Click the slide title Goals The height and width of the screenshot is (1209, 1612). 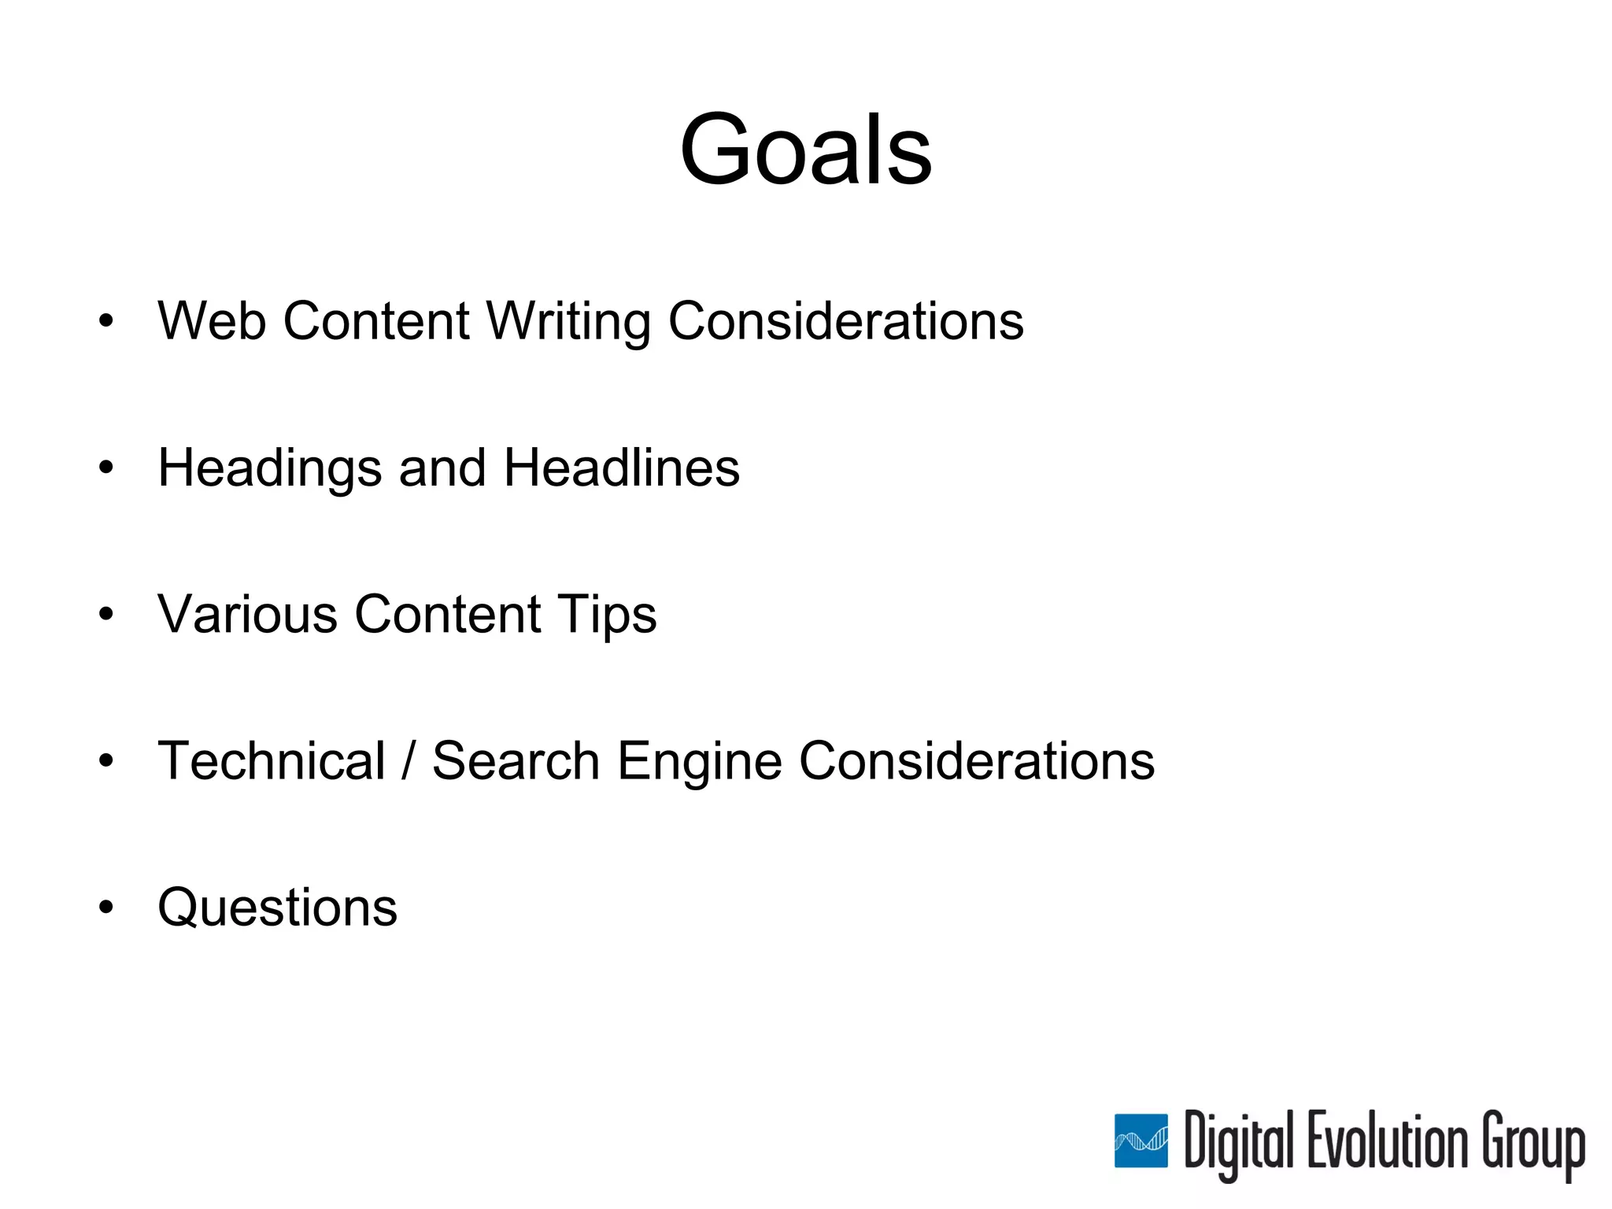tap(805, 150)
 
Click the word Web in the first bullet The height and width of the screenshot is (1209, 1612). tap(211, 321)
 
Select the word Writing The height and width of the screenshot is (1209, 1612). tap(568, 323)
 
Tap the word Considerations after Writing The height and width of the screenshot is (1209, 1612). tap(845, 321)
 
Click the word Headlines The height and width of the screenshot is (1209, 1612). tap(621, 468)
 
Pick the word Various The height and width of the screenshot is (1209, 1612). tap(247, 614)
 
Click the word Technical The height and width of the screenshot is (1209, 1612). tap(272, 761)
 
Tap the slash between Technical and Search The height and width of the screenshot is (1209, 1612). tap(408, 761)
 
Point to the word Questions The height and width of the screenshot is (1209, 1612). tap(277, 908)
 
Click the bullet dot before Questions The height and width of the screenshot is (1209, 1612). tap(106, 908)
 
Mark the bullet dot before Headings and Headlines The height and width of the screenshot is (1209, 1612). tap(106, 468)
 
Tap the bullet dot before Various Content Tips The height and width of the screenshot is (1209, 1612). tap(106, 615)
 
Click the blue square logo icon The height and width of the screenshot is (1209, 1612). tap(1141, 1141)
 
